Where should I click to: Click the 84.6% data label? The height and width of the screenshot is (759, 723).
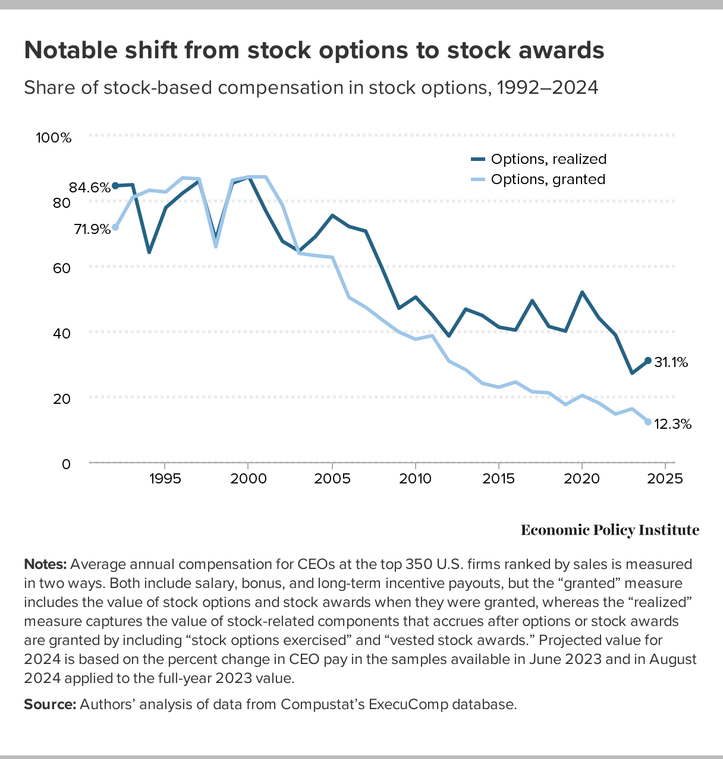coord(90,188)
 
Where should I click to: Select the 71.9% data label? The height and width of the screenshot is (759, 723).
coord(92,229)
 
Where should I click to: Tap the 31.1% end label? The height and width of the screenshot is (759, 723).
coord(671,362)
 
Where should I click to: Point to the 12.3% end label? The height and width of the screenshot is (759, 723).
coord(672,424)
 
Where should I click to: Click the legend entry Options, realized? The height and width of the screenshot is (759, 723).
coord(548,159)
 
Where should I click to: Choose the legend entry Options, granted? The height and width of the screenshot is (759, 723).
coord(547,179)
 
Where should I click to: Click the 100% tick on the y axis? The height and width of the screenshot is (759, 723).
coord(54,138)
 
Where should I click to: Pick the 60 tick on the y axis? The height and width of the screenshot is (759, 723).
coord(62,268)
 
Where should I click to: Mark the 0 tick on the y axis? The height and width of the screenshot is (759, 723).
coord(66,463)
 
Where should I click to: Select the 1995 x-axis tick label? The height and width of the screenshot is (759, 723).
coord(164,479)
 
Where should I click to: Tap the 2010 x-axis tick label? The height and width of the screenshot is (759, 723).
coord(414,479)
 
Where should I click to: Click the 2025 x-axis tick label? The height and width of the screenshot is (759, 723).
coord(665,479)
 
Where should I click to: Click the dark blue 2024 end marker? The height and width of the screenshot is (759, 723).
coord(648,360)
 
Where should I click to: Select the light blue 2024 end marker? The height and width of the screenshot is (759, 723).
coord(648,422)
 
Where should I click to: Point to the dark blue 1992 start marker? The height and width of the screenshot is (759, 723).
coord(115,186)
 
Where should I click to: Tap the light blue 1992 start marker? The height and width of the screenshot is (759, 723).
coord(115,227)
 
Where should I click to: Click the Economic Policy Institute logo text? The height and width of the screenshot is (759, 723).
coord(610,530)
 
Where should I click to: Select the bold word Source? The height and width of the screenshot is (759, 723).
coord(50,704)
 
